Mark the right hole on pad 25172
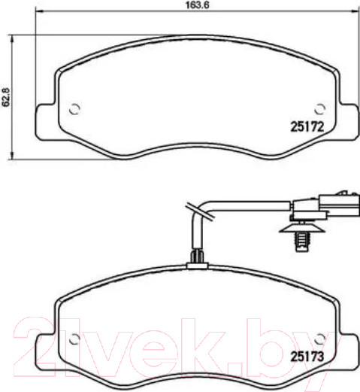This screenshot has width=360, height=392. point(319,107)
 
